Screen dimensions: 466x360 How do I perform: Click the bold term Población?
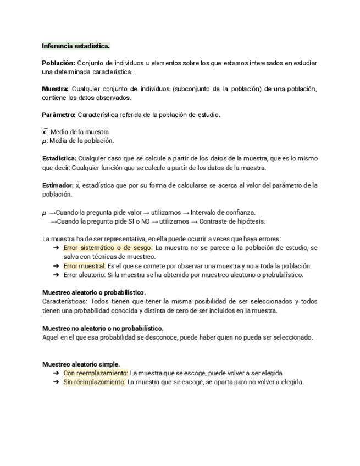pos(58,63)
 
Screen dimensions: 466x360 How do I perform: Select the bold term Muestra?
pos(56,89)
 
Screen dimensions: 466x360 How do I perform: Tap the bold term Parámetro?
pos(59,115)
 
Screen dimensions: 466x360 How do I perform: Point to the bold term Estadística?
pos(59,158)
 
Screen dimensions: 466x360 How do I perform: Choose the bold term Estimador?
pos(58,185)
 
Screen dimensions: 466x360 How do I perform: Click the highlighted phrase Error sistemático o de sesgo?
pos(108,248)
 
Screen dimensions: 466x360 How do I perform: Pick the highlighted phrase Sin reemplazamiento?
pos(95,382)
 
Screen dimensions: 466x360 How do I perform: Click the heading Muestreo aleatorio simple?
pos(81,364)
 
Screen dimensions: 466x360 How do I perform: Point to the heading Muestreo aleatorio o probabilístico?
pos(94,292)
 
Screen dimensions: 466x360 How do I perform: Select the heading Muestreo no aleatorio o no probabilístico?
pos(103,328)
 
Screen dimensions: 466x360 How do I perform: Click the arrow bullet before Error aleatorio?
pos(57,275)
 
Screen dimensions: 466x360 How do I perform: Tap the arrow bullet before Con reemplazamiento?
pos(57,373)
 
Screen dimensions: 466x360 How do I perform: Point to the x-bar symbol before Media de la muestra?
pos(45,132)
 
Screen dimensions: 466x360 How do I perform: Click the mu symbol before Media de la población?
pos(44,141)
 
